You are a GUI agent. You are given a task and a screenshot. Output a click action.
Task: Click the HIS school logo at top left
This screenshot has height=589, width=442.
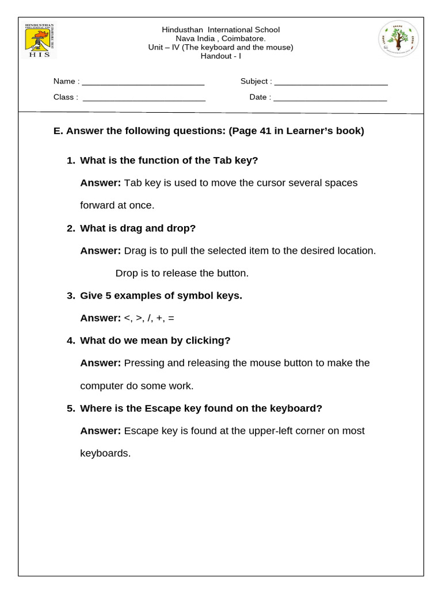tap(39, 40)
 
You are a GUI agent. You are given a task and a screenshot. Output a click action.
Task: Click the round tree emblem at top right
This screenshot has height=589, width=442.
tap(398, 39)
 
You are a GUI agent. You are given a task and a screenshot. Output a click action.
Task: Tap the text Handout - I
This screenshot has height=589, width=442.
tap(221, 56)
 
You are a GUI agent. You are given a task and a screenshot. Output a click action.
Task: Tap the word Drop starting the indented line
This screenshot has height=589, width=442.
tap(127, 273)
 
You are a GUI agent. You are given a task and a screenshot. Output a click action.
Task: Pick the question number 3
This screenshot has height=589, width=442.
tap(70, 296)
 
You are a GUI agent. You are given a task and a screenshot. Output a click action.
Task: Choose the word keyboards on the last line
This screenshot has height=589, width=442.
tap(105, 453)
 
